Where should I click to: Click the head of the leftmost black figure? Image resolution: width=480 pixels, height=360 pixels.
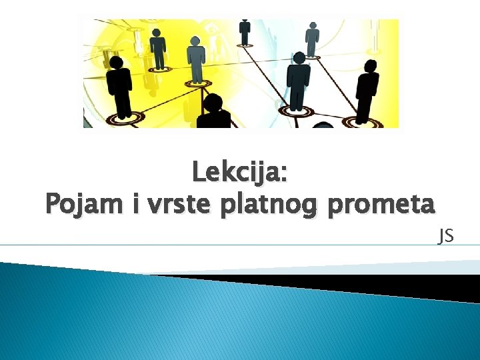coord(117,63)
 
